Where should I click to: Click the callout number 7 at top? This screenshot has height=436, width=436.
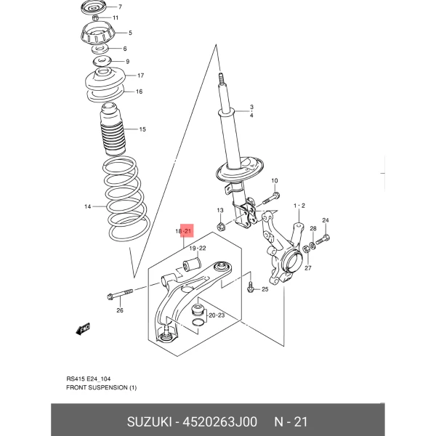point(120,7)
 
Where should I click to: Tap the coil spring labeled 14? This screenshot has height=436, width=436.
point(126,198)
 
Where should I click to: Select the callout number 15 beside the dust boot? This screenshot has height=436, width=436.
point(142,129)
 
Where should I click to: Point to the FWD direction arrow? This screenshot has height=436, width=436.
point(83,329)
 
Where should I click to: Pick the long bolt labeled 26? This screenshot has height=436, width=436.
point(120,294)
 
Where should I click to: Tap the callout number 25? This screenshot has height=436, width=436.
point(265,289)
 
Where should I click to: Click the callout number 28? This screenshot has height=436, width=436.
point(313,228)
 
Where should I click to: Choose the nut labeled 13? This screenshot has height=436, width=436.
point(221,227)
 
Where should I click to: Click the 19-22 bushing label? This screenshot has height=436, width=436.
point(198,248)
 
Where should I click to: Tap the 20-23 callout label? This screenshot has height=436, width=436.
point(217,315)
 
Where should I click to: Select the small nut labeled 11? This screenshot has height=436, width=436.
point(95,18)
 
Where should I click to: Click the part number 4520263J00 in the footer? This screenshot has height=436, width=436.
point(219,421)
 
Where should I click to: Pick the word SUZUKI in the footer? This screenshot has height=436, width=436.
point(149,421)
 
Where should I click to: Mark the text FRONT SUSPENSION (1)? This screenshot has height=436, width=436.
point(102,387)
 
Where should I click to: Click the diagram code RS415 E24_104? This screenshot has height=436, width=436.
point(89,379)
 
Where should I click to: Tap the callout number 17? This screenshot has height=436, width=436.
point(140,76)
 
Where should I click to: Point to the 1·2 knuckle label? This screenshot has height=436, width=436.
point(299,206)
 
